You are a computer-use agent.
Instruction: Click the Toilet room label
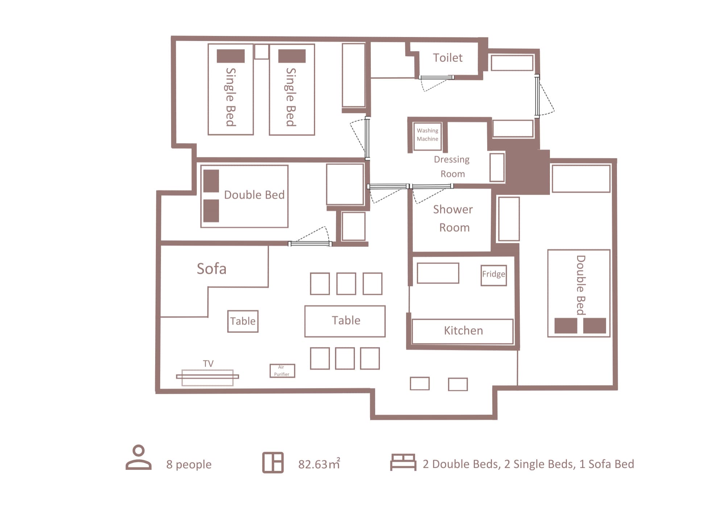click(447, 58)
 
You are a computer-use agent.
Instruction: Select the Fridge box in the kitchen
click(493, 275)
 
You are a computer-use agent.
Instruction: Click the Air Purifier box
click(282, 371)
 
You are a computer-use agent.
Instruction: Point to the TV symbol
click(207, 377)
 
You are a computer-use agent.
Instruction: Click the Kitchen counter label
click(463, 331)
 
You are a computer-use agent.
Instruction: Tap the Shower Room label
click(453, 218)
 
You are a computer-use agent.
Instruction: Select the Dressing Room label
click(452, 166)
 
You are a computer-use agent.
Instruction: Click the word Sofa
click(211, 269)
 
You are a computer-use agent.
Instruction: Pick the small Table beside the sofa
click(243, 321)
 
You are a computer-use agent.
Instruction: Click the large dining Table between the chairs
click(345, 321)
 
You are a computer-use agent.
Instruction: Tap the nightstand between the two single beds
click(261, 52)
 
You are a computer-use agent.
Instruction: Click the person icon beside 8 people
click(138, 458)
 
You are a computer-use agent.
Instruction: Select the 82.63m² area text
click(319, 464)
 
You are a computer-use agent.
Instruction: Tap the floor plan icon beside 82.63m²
click(273, 463)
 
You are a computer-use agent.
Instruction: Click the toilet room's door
click(436, 78)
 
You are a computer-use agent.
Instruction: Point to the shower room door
click(432, 187)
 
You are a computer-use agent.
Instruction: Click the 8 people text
click(189, 464)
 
